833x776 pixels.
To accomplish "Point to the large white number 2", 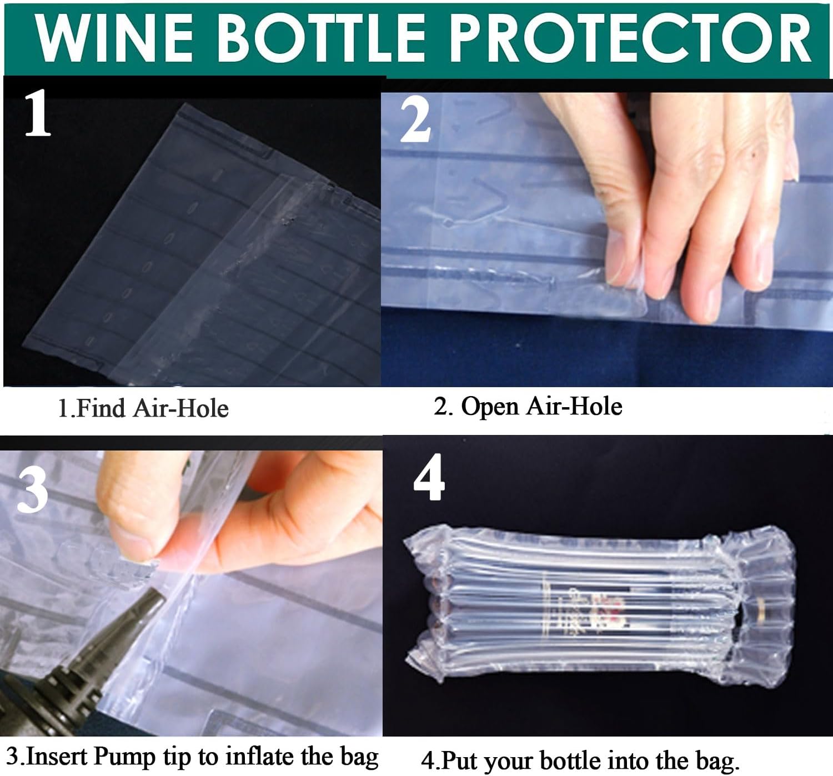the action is [x=415, y=121].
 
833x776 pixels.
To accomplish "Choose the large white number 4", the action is [x=429, y=477].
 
